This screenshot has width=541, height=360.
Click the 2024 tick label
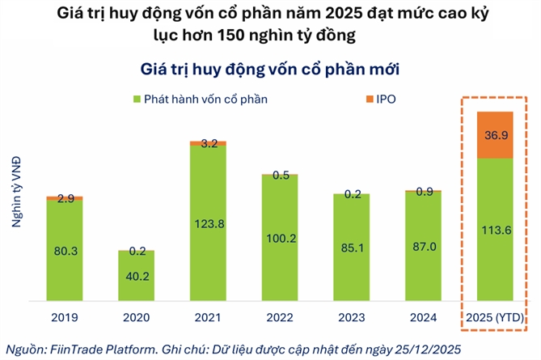423,318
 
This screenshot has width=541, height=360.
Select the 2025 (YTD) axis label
496,318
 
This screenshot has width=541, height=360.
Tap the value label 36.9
496,134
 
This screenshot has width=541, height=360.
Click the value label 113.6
496,226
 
